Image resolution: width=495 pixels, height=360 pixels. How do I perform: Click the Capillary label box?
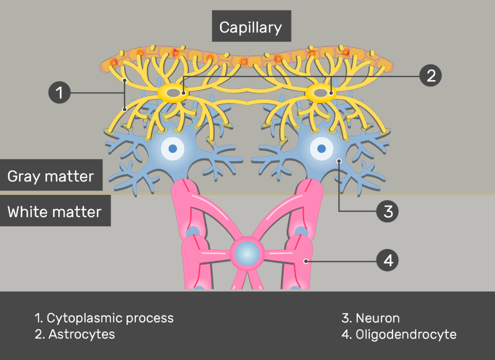[x=251, y=27]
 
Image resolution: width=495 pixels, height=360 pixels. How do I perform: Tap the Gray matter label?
[x=51, y=175]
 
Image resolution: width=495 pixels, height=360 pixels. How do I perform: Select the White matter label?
[x=55, y=211]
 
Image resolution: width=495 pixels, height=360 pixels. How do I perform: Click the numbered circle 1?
[x=59, y=92]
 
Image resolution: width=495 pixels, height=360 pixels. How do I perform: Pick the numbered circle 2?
[x=431, y=75]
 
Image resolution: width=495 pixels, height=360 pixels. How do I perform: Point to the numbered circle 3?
[x=387, y=211]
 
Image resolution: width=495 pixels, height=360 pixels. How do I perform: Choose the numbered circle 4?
[x=387, y=261]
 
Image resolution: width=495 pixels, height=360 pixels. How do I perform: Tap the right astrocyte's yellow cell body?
[x=321, y=92]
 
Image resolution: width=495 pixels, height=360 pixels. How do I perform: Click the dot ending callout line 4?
[x=306, y=261]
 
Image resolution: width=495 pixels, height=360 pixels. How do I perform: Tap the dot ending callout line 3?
[x=339, y=161]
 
